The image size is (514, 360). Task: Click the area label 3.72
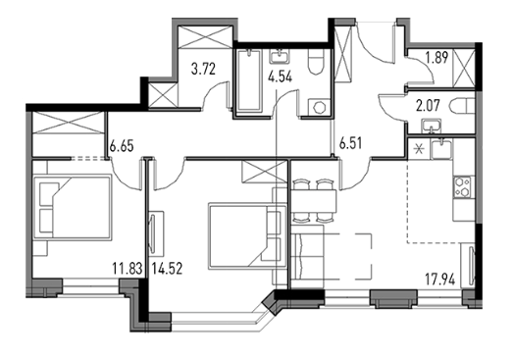pos(204,70)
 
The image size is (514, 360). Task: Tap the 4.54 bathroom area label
pos(280,77)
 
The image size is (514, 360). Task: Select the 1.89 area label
pos(437,58)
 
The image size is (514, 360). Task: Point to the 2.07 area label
pos(428,106)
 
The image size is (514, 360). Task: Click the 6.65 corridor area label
pos(122,146)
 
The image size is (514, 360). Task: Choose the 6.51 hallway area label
pos(350,143)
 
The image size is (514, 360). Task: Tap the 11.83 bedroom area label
pos(128,269)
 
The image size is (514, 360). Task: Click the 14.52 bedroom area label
pos(167,269)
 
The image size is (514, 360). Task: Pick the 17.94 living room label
pos(439,280)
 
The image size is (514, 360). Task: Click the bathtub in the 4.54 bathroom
pos(249,80)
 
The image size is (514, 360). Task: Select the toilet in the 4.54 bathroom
pos(316,63)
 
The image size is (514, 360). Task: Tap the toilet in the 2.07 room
pos(463,106)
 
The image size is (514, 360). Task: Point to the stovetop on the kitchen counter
pos(462,187)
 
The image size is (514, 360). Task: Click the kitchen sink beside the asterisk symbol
pos(441,148)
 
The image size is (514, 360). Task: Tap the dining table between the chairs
pos(314,201)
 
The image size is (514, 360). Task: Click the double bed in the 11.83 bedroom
pos(73,208)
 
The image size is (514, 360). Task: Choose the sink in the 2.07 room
pos(432,127)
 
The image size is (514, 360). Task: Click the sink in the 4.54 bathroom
pos(280,56)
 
